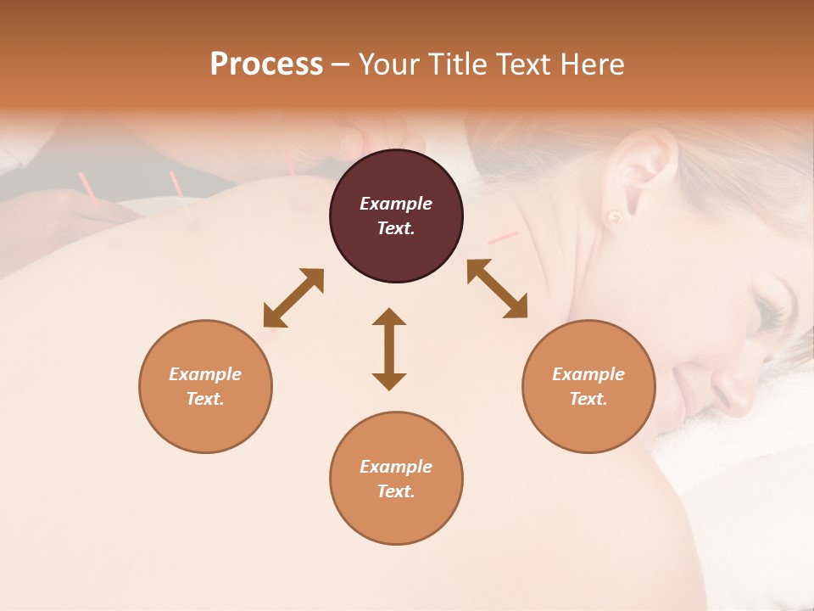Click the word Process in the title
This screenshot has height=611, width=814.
click(x=266, y=64)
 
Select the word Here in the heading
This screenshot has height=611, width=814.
click(x=593, y=64)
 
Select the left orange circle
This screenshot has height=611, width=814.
click(x=205, y=424)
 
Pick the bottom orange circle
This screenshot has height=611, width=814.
click(x=396, y=518)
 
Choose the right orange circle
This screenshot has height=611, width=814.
click(x=588, y=424)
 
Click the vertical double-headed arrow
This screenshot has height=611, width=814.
click(x=389, y=349)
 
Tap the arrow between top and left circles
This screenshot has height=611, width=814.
click(x=293, y=298)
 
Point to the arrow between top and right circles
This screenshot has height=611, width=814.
click(x=497, y=289)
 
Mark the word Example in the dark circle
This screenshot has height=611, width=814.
click(x=396, y=204)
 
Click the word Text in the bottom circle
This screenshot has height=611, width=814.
click(x=396, y=491)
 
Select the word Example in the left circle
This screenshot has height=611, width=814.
click(x=205, y=374)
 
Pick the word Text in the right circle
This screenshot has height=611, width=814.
click(x=588, y=399)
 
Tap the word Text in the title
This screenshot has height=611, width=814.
click(x=526, y=64)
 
